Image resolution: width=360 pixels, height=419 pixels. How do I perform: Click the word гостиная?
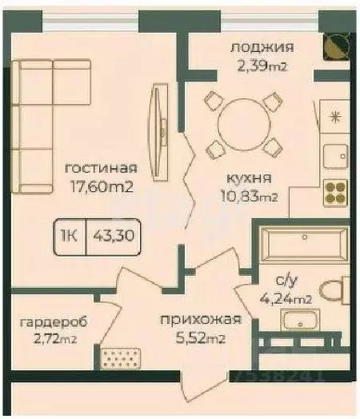102,168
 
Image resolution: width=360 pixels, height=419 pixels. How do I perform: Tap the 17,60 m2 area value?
101,187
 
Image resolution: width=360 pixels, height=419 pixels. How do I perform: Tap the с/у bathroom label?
287,281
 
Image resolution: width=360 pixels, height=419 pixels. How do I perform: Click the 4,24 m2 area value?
289,300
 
